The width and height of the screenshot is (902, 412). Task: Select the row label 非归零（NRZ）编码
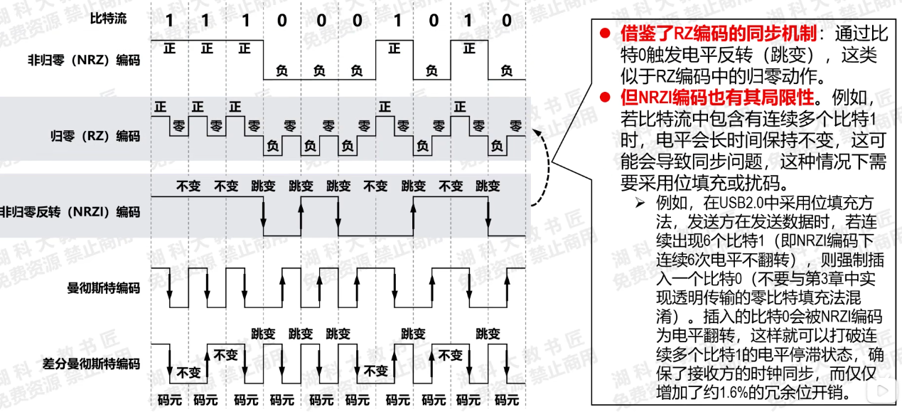point(83,60)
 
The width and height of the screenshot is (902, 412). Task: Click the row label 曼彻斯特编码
point(103,288)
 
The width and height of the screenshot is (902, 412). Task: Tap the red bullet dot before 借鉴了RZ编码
point(605,33)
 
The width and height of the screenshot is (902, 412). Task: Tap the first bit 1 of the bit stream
point(169,21)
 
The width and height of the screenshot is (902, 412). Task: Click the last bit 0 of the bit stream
point(506,21)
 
